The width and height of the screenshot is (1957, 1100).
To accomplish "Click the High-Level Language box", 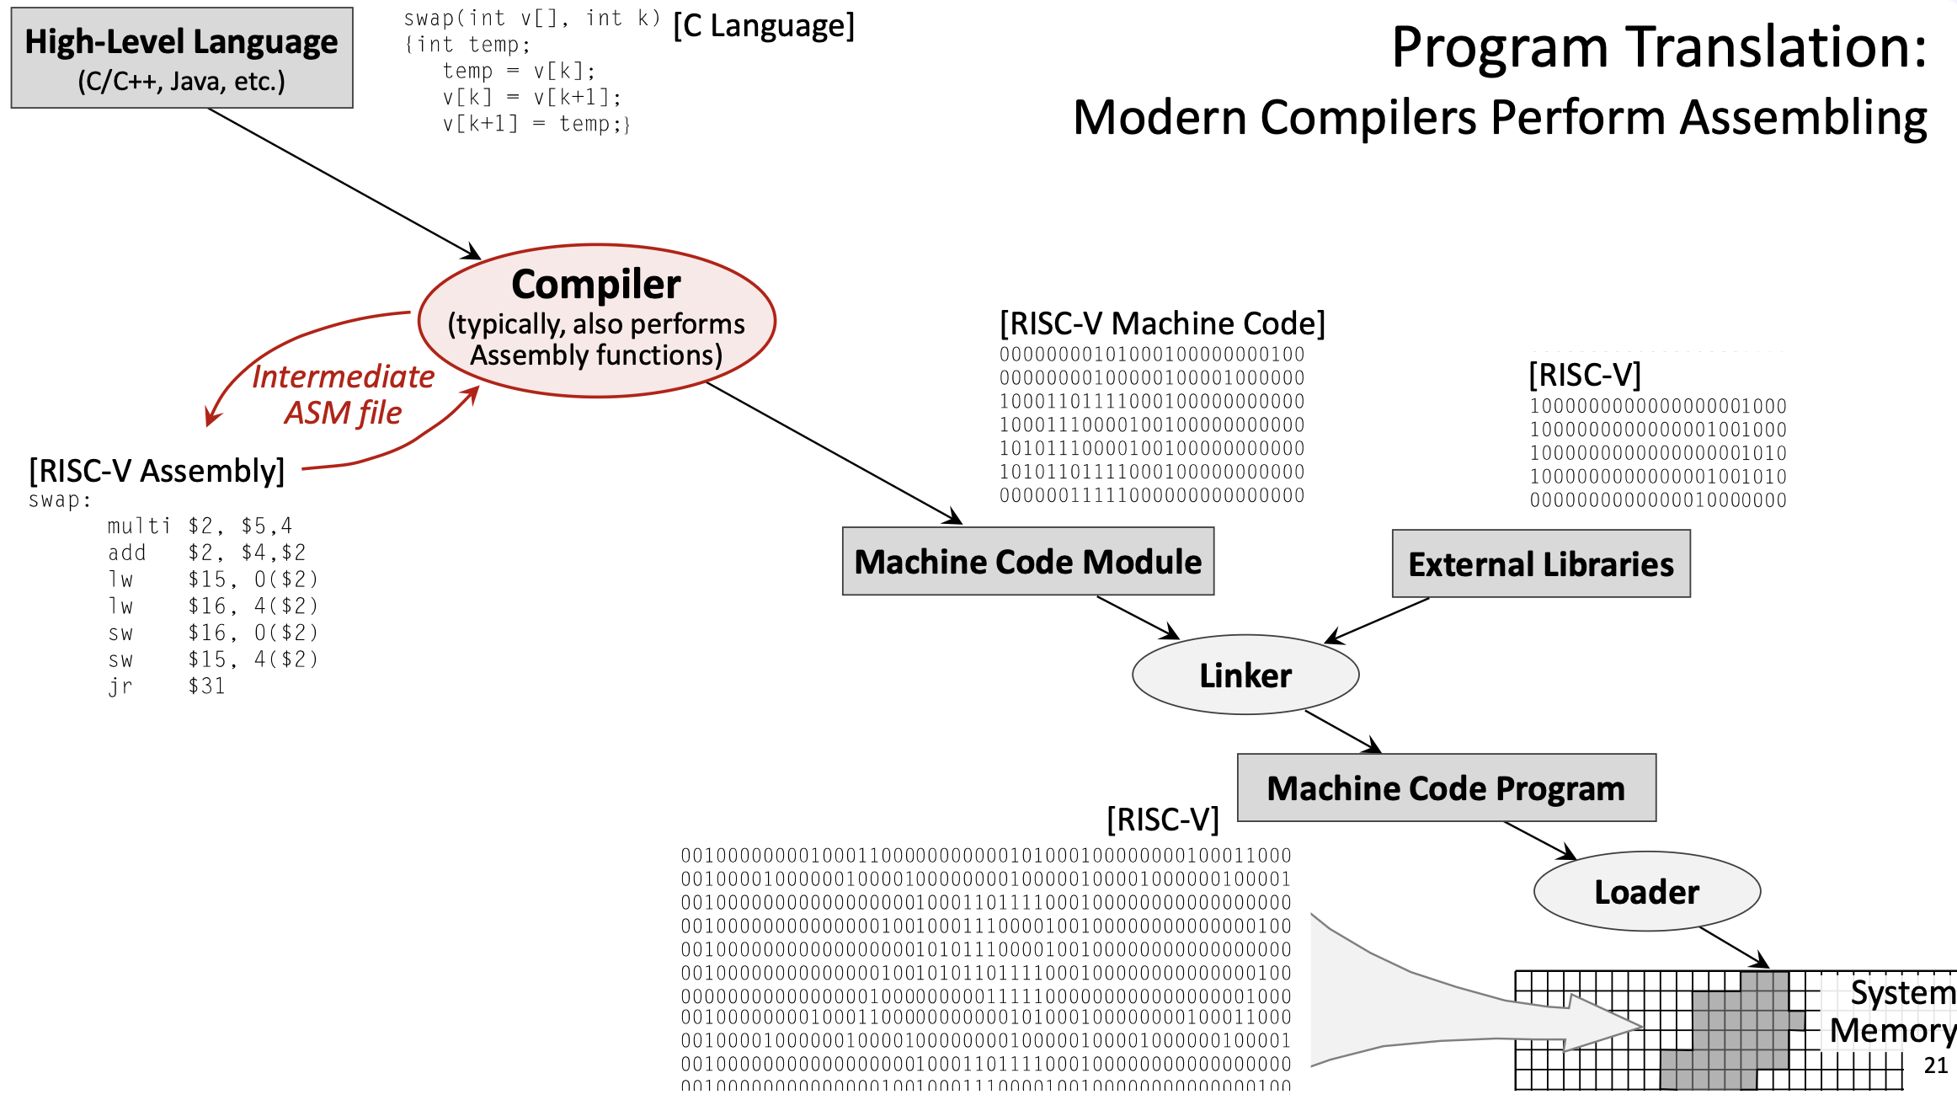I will [x=182, y=58].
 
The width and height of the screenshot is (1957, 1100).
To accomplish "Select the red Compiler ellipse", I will [x=596, y=320].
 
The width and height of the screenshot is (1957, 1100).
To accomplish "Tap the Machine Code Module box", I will [x=1027, y=562].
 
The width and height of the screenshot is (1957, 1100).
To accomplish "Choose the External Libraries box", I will [x=1541, y=564].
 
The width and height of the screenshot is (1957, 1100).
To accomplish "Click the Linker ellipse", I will [x=1245, y=675].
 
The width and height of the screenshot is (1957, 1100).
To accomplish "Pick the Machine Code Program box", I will [x=1446, y=788].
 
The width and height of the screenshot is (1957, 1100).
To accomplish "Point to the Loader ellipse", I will [x=1646, y=892].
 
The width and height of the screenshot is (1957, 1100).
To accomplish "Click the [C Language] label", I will [x=764, y=26].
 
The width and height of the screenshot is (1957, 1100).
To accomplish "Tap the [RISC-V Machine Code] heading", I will [x=1162, y=323].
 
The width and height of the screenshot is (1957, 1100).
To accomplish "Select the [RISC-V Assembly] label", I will [x=157, y=471].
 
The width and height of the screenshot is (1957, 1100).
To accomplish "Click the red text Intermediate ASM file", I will [x=343, y=394].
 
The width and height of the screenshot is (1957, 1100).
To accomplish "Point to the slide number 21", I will [x=1936, y=1065].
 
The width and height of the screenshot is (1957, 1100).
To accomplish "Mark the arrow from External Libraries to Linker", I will [x=1378, y=621].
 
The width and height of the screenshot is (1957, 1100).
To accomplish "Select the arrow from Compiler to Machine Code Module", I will [x=834, y=452].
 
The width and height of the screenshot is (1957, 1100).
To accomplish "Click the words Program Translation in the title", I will [x=1659, y=47].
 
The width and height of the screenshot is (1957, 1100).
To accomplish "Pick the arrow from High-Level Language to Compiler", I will [x=344, y=184].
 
